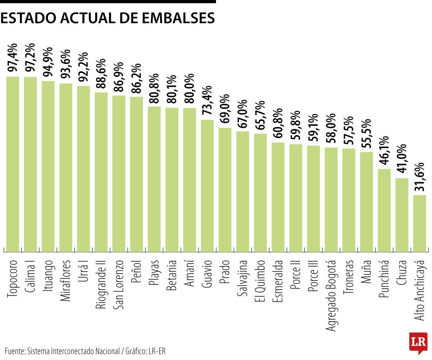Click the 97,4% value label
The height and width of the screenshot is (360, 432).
[x=13, y=58]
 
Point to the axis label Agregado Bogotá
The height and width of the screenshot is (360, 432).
[x=331, y=295]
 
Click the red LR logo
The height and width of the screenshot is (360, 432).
[x=418, y=342]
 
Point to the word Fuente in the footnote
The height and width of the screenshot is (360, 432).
[x=14, y=351]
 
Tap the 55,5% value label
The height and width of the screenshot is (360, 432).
[x=367, y=134]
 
